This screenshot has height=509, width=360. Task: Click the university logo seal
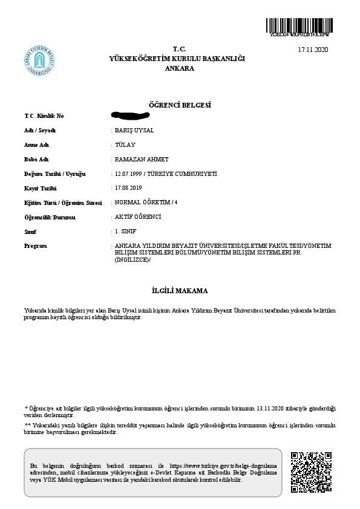click(41, 62)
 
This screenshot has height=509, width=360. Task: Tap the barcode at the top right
click(299, 26)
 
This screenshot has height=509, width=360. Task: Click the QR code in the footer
click(311, 472)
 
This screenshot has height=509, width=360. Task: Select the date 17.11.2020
click(313, 49)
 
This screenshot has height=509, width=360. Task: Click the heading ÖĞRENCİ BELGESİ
click(180, 105)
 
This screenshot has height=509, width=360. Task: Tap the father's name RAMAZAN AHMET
click(141, 160)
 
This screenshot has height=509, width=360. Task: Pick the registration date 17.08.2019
click(128, 188)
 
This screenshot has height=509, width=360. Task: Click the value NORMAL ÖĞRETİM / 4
click(146, 203)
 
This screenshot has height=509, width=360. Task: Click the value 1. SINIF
click(126, 232)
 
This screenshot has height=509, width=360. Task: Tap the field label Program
click(35, 246)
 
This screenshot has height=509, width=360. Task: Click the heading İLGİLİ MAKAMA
click(180, 290)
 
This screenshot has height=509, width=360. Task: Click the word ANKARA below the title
click(180, 68)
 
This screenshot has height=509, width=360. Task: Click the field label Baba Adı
click(36, 160)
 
